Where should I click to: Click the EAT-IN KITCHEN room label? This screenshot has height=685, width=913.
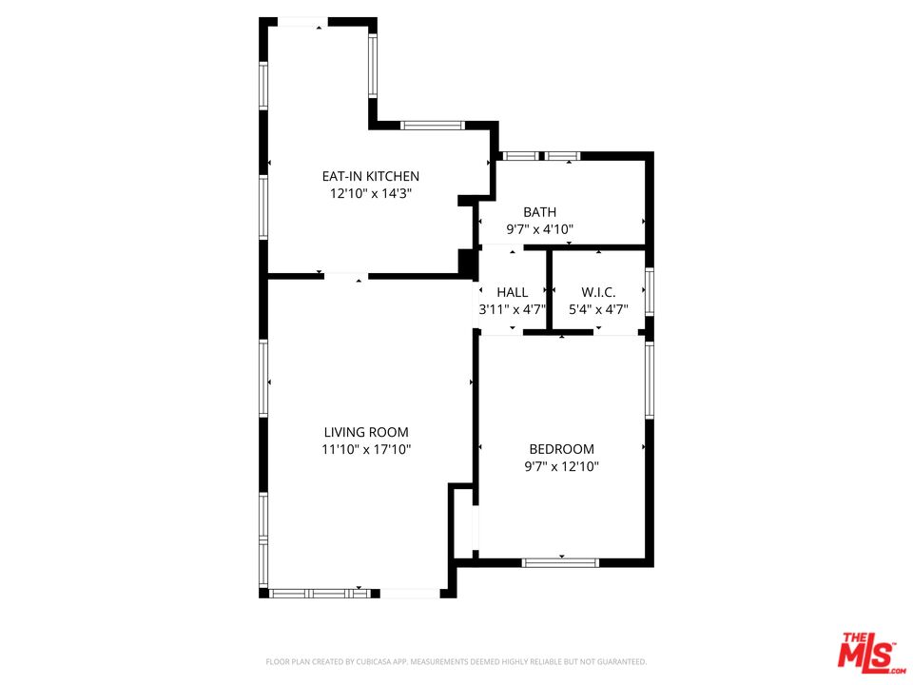click(370, 176)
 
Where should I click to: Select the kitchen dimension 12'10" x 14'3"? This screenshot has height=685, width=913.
click(370, 193)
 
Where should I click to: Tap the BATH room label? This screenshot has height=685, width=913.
click(540, 212)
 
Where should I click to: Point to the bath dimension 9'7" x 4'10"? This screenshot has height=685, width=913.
click(540, 229)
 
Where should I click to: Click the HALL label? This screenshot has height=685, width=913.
click(513, 292)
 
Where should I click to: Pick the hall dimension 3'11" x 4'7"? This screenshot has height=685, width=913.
click(513, 309)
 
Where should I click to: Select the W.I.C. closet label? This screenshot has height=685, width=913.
click(598, 292)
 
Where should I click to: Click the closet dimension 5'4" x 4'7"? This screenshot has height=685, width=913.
click(598, 309)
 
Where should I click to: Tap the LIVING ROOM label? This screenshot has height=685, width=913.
click(366, 432)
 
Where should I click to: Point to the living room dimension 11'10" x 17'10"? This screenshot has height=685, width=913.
click(366, 449)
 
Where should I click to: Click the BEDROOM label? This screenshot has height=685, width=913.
click(561, 449)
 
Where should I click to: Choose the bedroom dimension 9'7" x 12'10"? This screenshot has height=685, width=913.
click(561, 466)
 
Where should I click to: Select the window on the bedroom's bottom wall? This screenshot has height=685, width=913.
click(560, 562)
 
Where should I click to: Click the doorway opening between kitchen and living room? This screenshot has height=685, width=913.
click(346, 276)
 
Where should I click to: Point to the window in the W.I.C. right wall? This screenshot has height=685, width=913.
click(650, 291)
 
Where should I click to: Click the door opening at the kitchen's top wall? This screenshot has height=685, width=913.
click(302, 22)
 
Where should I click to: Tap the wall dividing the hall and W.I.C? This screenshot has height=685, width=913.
click(549, 290)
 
